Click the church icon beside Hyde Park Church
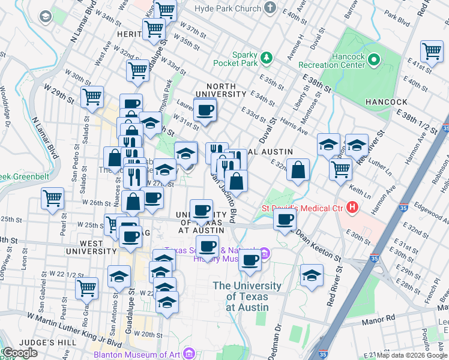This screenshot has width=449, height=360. coord(271,8)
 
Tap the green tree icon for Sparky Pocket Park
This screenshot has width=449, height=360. coord(266,58)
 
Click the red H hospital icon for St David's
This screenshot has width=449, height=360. coord(352,208)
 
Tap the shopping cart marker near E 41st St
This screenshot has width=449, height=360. coord(432,52)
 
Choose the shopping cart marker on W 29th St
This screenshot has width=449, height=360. coord(92,97)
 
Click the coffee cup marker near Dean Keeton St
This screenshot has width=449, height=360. coord(285,219)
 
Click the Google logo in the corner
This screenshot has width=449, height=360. coord(20,353)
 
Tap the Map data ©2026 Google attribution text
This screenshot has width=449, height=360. coord(412,355)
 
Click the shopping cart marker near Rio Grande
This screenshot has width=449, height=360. coord(88,288)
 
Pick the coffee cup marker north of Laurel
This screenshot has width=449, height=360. coord(205,110)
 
